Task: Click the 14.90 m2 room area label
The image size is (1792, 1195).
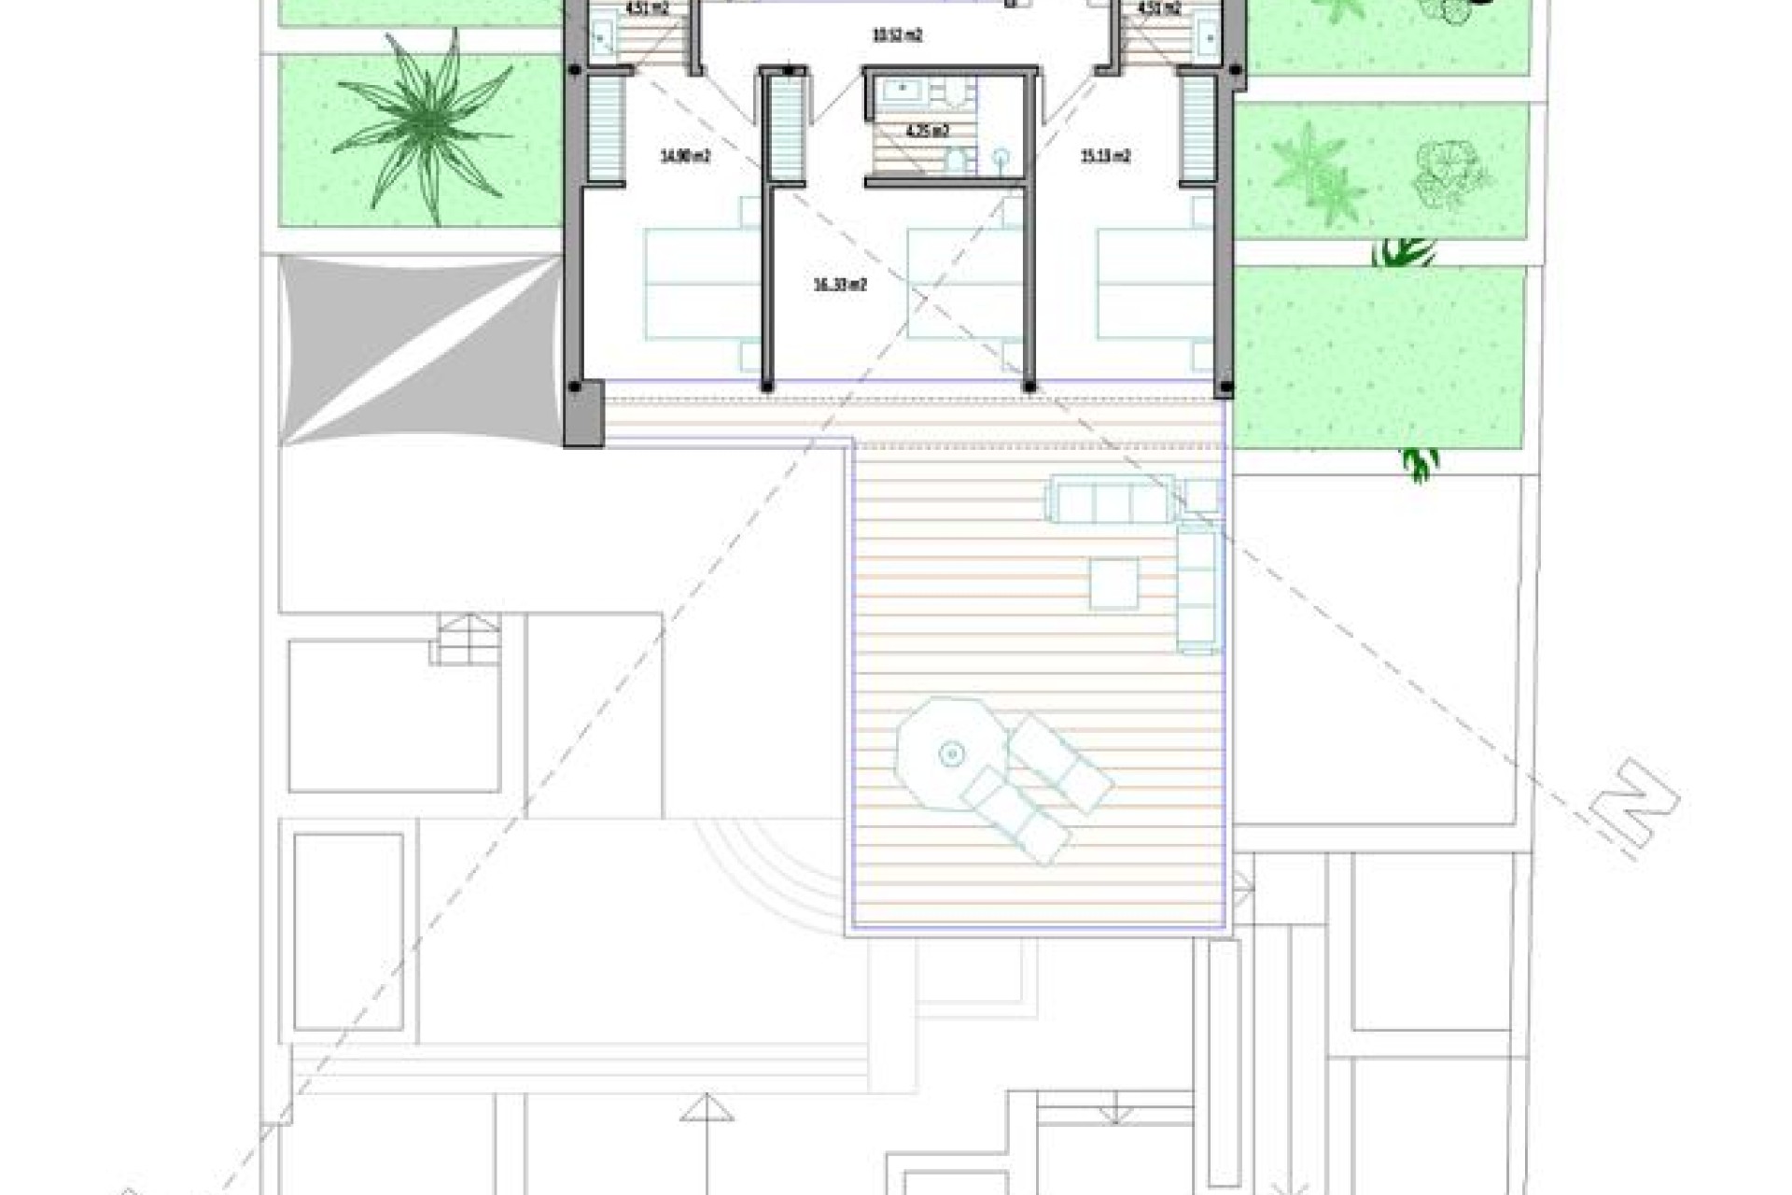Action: (685, 157)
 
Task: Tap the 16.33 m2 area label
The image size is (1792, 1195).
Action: (840, 285)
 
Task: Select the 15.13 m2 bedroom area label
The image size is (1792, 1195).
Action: (1105, 157)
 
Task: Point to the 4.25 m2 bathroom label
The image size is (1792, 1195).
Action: (928, 132)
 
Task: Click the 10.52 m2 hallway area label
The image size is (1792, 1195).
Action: (897, 36)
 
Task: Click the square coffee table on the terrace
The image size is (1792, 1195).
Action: (1113, 583)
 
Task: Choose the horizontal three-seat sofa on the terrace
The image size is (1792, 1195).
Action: (1112, 499)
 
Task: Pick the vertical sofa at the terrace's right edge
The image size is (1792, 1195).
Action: (1197, 588)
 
